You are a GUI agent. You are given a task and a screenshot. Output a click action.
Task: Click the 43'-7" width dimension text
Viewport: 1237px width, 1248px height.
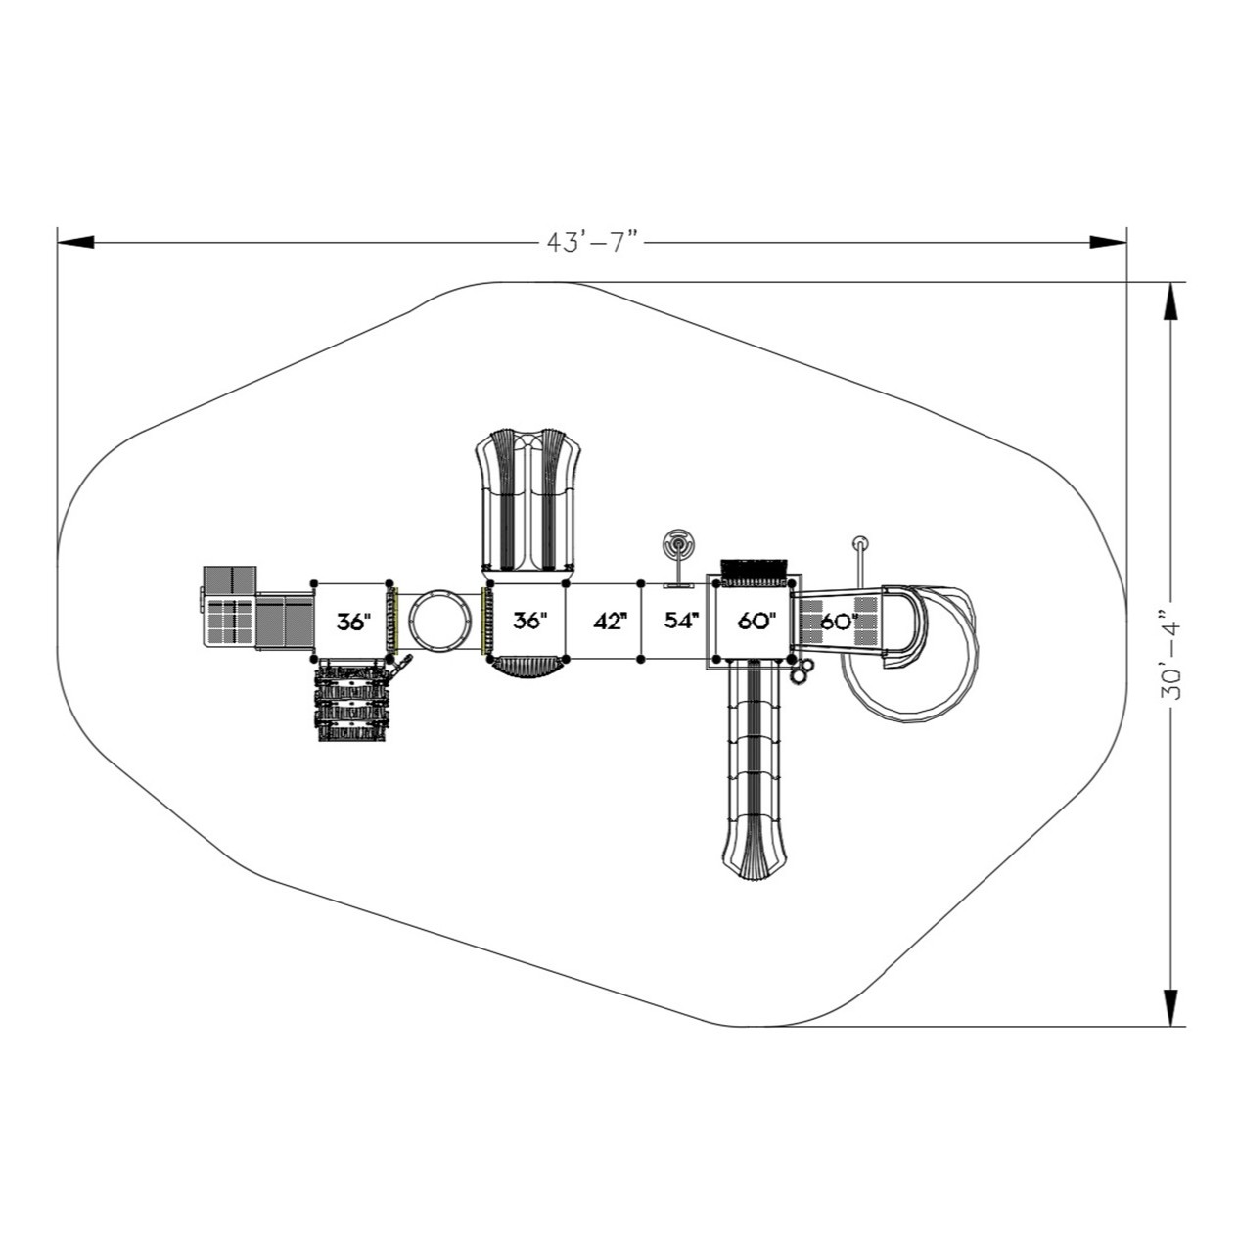tap(591, 242)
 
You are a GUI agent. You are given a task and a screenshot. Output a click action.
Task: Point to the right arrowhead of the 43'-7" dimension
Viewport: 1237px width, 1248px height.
tap(1108, 242)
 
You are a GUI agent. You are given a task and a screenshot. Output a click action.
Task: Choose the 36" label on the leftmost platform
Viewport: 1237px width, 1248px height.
tap(353, 622)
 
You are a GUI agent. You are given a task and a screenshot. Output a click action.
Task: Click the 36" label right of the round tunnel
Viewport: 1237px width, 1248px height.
tap(529, 622)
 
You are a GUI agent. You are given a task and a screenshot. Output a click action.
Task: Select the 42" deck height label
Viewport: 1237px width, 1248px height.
tap(608, 622)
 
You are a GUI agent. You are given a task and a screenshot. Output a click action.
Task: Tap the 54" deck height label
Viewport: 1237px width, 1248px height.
tap(681, 622)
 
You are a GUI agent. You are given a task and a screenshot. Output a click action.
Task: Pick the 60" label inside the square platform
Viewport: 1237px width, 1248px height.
tap(756, 622)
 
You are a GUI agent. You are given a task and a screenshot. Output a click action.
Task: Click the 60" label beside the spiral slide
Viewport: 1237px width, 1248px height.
tap(840, 622)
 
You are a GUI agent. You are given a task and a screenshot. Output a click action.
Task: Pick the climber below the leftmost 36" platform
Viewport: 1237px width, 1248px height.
tap(352, 702)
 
